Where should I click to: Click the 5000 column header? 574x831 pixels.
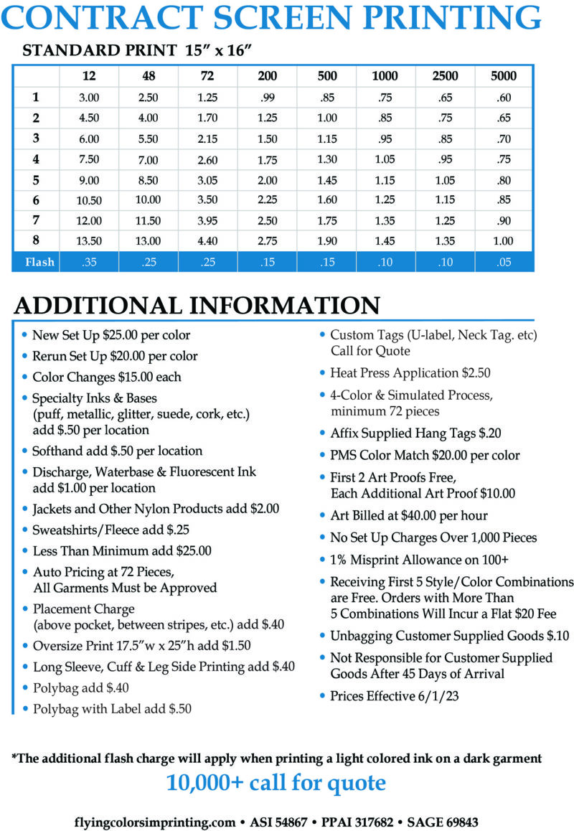click(x=504, y=76)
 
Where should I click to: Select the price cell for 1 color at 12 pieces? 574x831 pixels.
click(x=90, y=98)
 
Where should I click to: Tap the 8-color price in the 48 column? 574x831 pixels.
click(x=149, y=240)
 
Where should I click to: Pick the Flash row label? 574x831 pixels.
click(x=39, y=262)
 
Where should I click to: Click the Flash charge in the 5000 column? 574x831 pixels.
click(x=504, y=262)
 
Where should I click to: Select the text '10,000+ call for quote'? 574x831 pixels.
click(x=276, y=782)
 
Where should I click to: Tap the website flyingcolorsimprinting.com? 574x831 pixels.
click(x=154, y=822)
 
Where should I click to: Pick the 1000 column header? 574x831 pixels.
click(x=385, y=76)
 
